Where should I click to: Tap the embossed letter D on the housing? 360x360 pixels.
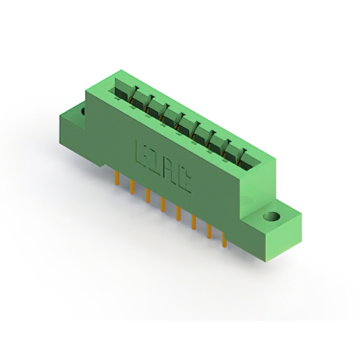pos(155,161)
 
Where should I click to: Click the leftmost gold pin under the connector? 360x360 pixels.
pos(117,178)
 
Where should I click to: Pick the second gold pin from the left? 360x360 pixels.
pos(132,187)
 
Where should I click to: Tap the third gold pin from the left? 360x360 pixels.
pos(147,195)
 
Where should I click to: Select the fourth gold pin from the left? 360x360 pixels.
pos(163,204)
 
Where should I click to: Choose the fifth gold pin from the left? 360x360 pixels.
pos(178,213)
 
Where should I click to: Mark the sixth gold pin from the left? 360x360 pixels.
pos(193,222)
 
